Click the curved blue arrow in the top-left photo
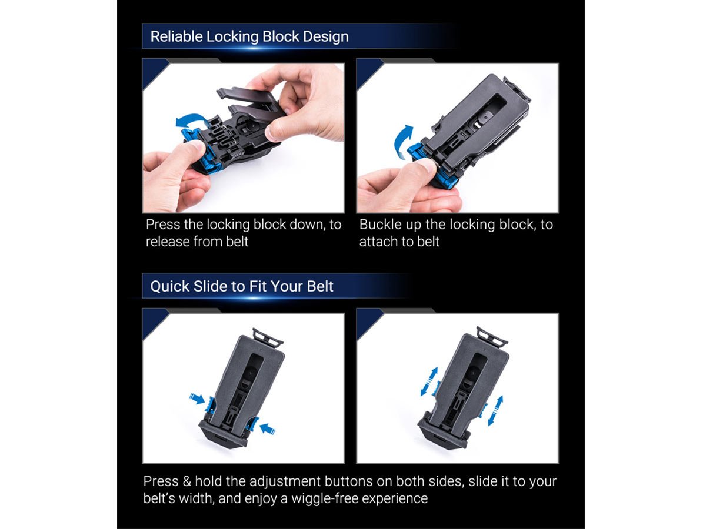tap(192, 119)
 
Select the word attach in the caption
tap(378, 242)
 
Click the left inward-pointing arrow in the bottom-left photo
tap(197, 399)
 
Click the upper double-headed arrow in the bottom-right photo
tap(429, 381)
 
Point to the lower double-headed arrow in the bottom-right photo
tap(495, 411)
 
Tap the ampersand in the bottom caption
tap(187, 481)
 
